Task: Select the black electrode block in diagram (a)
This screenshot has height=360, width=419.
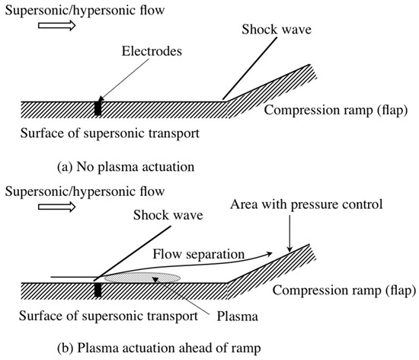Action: point(98,108)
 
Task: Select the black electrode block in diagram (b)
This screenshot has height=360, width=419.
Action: point(98,290)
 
